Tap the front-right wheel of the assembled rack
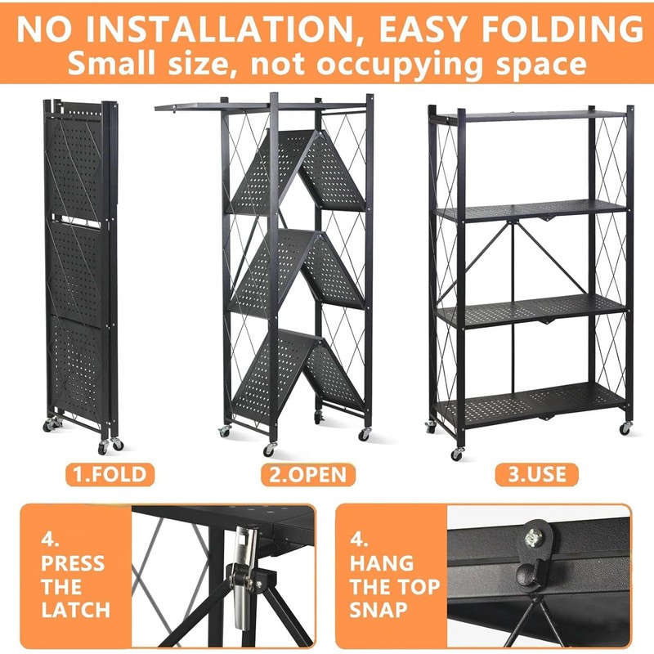625,428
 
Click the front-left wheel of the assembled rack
456,453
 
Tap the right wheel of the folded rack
117,443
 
